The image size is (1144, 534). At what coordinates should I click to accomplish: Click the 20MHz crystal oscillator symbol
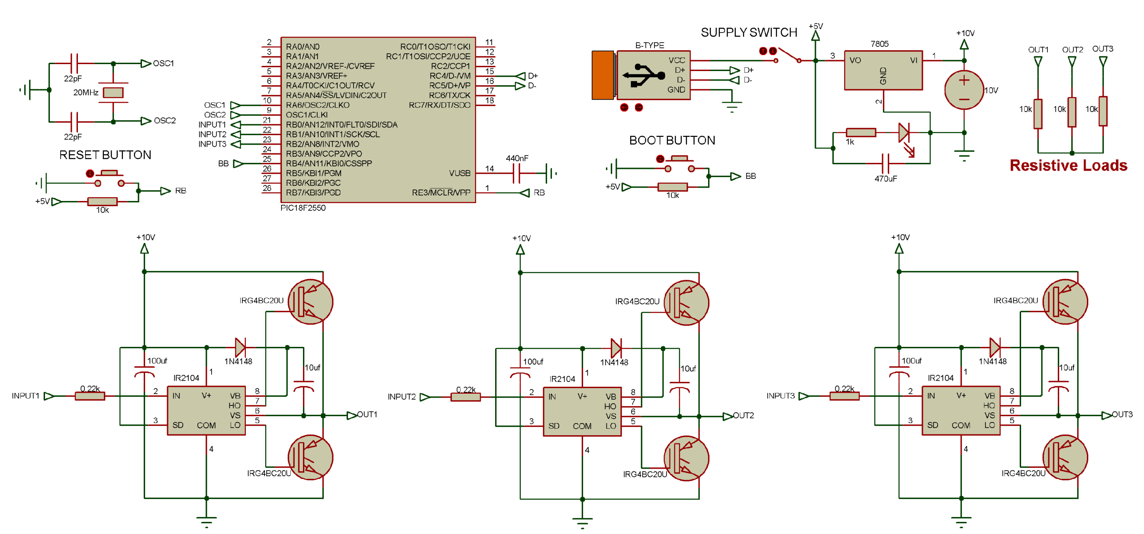point(113,92)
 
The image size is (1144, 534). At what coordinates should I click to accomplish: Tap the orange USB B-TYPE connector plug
point(603,75)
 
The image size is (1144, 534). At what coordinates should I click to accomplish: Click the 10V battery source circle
point(963,90)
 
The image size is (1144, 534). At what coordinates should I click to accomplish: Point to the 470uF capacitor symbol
point(885,163)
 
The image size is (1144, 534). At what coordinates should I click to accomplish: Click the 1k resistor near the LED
point(860,133)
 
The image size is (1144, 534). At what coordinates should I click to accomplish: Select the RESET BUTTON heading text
point(105,155)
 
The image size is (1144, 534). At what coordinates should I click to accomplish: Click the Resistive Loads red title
point(1068,165)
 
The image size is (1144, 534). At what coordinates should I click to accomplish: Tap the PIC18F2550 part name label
point(303,208)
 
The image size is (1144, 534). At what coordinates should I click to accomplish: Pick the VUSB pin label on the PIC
point(459,173)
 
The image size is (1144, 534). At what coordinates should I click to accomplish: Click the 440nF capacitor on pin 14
point(516,173)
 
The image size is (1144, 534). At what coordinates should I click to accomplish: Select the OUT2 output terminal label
point(743,415)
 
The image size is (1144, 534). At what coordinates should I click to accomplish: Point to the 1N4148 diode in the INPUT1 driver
point(240,347)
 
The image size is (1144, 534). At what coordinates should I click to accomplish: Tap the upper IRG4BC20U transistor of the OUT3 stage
point(1064,302)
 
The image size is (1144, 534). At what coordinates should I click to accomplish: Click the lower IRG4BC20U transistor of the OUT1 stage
point(310,457)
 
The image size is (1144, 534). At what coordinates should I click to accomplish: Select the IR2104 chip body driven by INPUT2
point(582,411)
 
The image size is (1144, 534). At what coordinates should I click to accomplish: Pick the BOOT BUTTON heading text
point(672,140)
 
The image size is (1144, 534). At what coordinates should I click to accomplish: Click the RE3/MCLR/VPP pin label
point(441,193)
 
